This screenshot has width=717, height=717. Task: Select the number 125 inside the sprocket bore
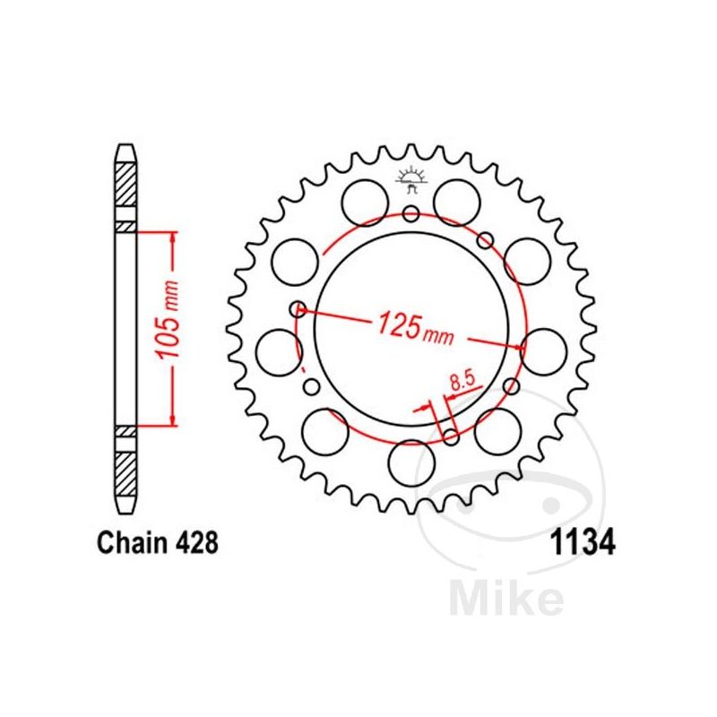(398, 324)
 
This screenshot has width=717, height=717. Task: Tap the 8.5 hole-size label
(462, 381)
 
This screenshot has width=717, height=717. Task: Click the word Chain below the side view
(125, 543)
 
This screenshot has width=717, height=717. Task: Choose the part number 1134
(581, 544)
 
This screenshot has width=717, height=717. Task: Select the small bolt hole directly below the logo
(411, 212)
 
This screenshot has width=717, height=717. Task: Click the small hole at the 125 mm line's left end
(298, 309)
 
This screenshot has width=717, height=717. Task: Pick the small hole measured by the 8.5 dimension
(451, 437)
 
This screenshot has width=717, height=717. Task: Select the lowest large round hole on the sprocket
(411, 462)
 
